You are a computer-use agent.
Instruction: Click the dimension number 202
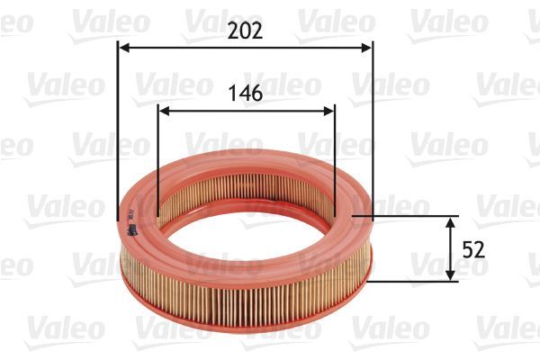(x=245, y=31)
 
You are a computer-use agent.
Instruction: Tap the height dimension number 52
(x=474, y=249)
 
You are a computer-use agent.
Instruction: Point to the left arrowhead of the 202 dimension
(x=123, y=48)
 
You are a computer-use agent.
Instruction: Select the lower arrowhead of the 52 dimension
(x=450, y=275)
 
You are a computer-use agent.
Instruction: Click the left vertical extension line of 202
(x=118, y=135)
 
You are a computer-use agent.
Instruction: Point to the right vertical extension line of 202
(x=372, y=135)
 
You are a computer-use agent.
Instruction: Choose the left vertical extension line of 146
(x=158, y=162)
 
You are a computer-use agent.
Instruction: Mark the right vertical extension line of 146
(x=334, y=162)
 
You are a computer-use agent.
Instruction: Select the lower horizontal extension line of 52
(x=414, y=281)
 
